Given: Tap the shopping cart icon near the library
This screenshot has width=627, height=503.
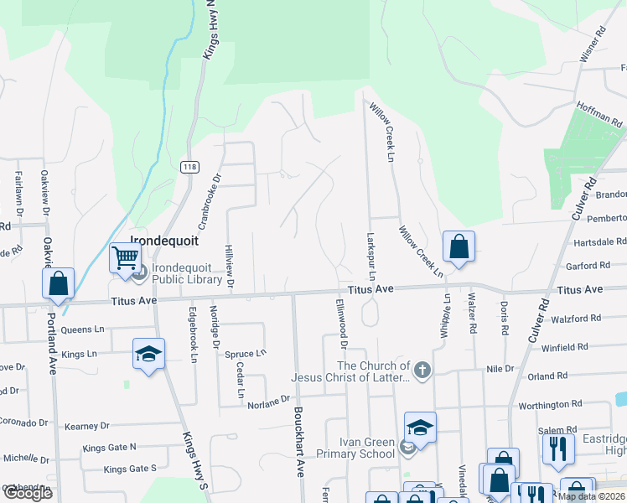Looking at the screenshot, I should point(125,257).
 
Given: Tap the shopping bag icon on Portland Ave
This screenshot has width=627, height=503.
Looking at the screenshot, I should point(58,283).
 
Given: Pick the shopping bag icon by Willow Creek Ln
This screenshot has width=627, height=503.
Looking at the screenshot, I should point(459,247).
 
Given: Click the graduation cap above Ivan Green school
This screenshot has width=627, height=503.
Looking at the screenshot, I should point(420,427).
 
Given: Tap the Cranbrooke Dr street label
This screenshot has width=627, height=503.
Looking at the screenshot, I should point(209,202).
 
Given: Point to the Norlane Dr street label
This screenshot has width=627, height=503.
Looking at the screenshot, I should point(267,402).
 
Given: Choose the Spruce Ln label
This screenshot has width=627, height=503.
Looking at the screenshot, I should point(245,353).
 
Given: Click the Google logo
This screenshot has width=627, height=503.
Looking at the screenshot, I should point(27,493).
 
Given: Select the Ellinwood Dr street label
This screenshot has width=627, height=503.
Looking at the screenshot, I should point(341,323).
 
